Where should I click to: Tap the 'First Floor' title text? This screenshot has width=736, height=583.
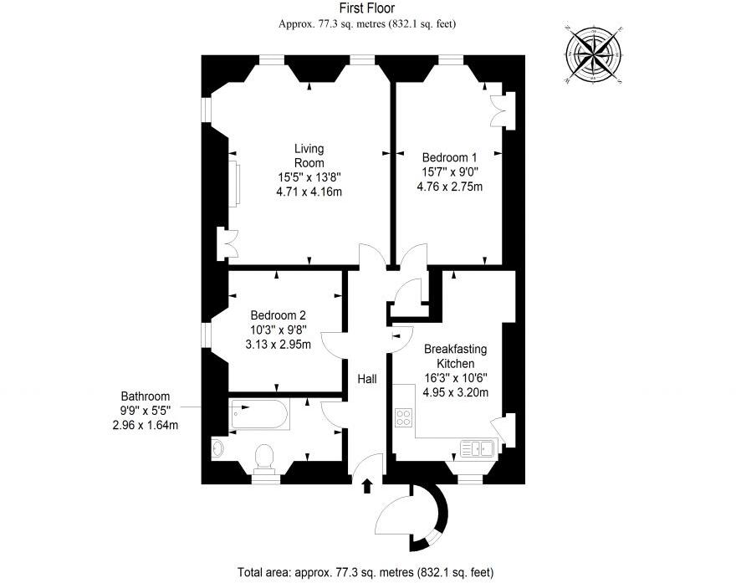[367, 8]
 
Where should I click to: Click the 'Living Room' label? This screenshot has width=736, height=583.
[309, 156]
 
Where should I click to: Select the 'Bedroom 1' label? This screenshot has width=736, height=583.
[449, 156]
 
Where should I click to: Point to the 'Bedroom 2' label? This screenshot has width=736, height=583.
[278, 315]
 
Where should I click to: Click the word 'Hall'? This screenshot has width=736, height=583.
[367, 379]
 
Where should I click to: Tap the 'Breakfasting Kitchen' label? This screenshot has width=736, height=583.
[455, 355]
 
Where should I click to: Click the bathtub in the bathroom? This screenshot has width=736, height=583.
[259, 414]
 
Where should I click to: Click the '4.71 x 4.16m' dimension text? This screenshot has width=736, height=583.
[309, 192]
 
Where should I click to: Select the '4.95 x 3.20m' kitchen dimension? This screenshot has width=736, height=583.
[455, 392]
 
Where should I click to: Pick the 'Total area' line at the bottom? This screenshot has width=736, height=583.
[365, 573]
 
